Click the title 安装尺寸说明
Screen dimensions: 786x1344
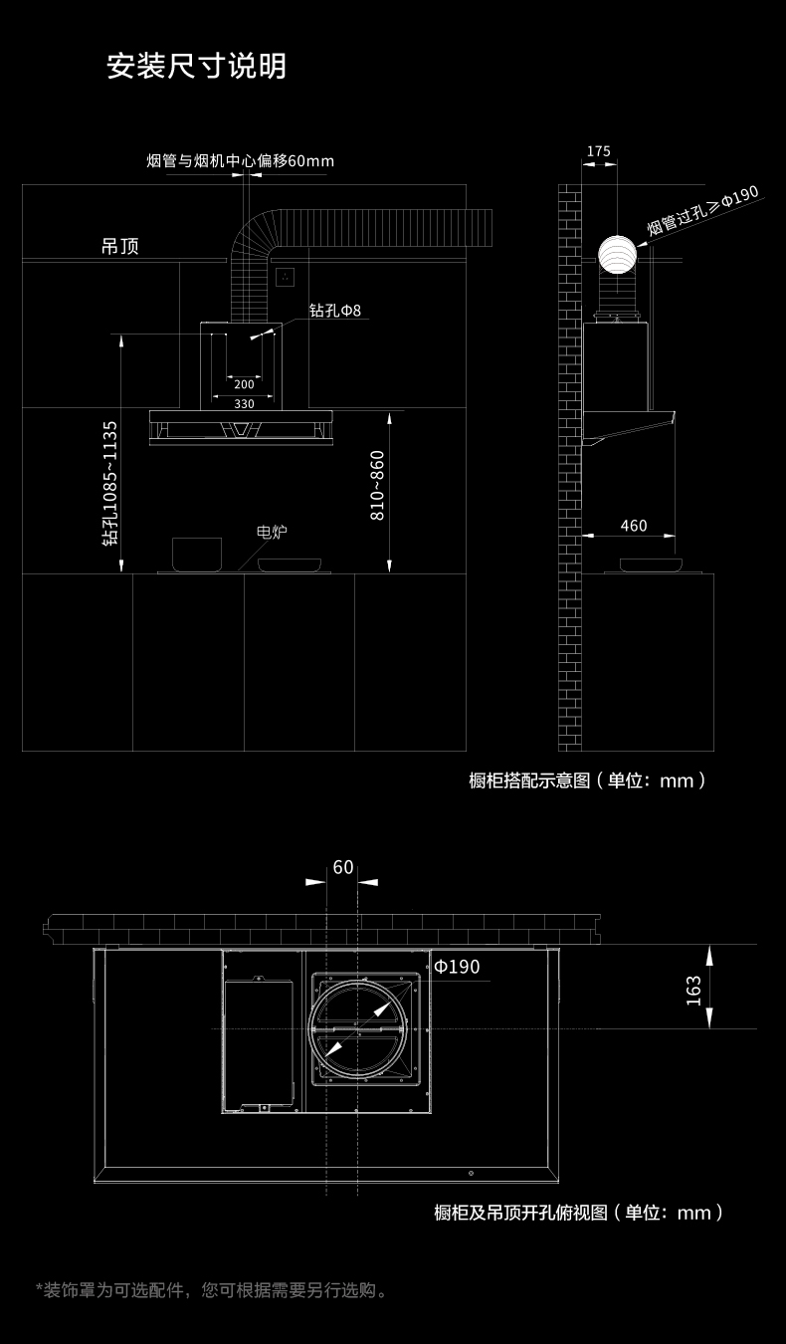[197, 66]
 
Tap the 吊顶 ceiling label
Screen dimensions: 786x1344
[120, 246]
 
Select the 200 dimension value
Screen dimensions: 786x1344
[244, 384]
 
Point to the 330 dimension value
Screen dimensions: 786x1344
[244, 404]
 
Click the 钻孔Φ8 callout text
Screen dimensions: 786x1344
[335, 311]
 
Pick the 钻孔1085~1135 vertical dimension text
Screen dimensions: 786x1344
[110, 483]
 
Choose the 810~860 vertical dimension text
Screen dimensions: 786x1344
[376, 486]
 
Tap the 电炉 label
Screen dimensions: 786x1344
[272, 532]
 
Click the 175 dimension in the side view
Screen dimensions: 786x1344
[598, 151]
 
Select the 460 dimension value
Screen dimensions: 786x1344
[634, 526]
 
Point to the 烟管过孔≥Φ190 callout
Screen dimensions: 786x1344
[702, 210]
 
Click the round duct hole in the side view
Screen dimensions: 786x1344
[617, 255]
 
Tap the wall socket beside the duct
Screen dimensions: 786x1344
[285, 277]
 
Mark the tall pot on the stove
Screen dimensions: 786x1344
[197, 555]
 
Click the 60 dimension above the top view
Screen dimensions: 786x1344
[343, 867]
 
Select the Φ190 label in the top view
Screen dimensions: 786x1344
[457, 967]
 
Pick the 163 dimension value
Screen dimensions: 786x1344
[693, 991]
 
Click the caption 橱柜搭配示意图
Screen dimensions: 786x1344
[529, 781]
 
